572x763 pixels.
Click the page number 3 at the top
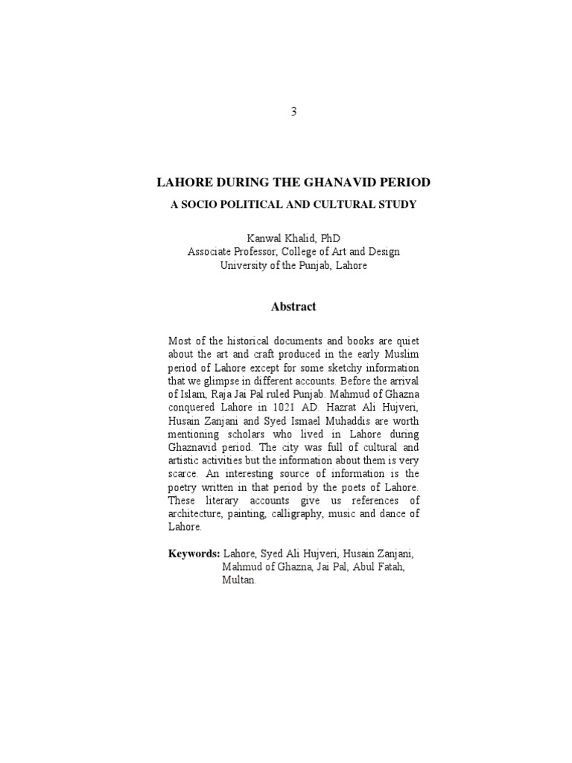[293, 112]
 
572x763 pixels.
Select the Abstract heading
[293, 306]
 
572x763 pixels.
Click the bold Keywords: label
[194, 554]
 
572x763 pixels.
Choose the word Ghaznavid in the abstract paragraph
[194, 448]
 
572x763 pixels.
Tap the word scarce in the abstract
[182, 474]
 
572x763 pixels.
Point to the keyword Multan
[238, 580]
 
